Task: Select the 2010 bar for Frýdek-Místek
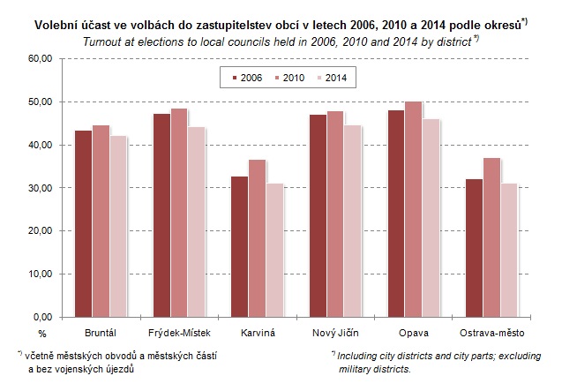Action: tap(178, 213)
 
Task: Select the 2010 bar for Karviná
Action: tap(257, 238)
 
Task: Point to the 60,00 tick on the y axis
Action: tap(41, 58)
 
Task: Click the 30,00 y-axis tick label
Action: tap(41, 188)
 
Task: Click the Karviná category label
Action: tap(257, 334)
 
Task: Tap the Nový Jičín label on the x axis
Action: tap(334, 334)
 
